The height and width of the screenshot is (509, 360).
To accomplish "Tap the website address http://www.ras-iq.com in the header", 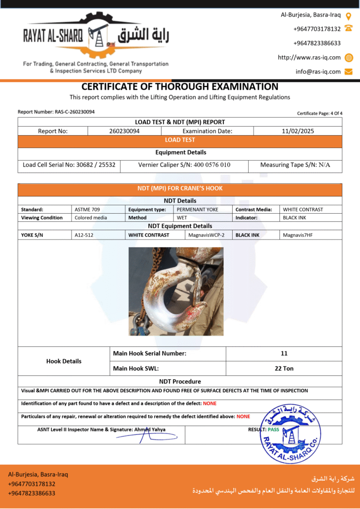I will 309,57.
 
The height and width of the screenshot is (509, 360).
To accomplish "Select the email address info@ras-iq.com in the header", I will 318,72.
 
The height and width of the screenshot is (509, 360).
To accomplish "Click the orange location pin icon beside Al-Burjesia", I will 349,15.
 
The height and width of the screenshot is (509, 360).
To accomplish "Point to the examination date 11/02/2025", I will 297,131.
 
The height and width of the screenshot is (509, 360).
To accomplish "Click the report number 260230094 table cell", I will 124,131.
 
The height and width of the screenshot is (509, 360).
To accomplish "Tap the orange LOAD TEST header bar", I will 180,140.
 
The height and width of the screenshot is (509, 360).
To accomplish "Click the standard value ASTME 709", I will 87,209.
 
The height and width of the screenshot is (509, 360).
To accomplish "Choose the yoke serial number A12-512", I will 83,235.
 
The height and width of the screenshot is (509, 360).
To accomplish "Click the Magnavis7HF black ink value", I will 297,235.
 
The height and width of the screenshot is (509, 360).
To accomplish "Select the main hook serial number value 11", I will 284,353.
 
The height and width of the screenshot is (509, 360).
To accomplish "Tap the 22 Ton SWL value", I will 284,368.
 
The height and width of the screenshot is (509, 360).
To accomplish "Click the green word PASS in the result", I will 273,429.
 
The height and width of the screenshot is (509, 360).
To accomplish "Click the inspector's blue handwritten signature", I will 142,436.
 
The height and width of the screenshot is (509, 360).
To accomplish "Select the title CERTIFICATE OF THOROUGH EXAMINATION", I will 180,86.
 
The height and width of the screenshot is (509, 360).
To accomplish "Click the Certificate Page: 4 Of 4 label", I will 320,113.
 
